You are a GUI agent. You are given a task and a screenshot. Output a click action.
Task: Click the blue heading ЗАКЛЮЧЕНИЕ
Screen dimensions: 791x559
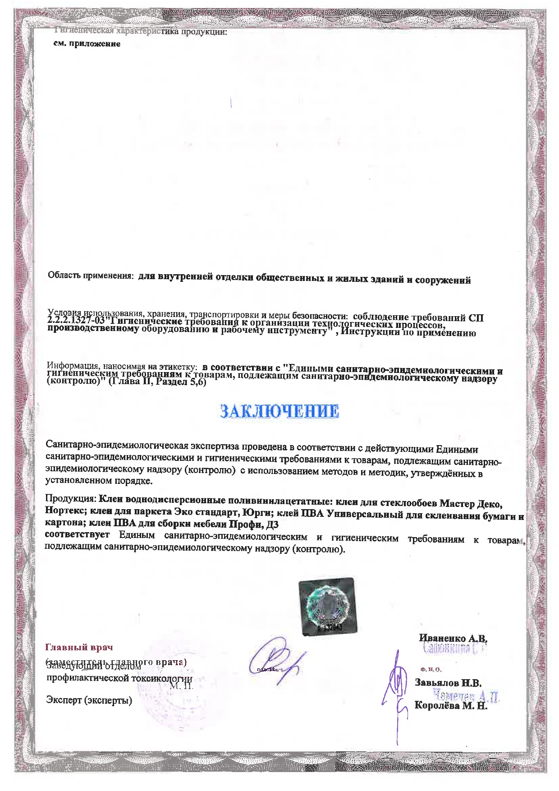pos(279,411)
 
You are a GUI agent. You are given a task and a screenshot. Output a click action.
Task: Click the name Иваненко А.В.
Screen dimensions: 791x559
pos(453,639)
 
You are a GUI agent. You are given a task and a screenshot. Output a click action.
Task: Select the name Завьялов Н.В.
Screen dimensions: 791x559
pos(448,683)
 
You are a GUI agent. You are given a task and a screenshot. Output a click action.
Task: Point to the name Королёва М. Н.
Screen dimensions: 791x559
pos(451,706)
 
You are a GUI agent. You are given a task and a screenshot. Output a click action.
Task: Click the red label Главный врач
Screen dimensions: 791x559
pos(79,648)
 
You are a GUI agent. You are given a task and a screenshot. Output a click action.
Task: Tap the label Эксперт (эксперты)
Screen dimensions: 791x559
pos(89,700)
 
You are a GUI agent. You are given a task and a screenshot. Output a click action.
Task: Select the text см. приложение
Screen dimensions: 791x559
pos(87,44)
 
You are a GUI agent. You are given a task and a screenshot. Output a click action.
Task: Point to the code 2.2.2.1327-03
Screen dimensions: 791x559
pos(76,322)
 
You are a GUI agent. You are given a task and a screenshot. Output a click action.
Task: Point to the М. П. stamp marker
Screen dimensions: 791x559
pos(182,686)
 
